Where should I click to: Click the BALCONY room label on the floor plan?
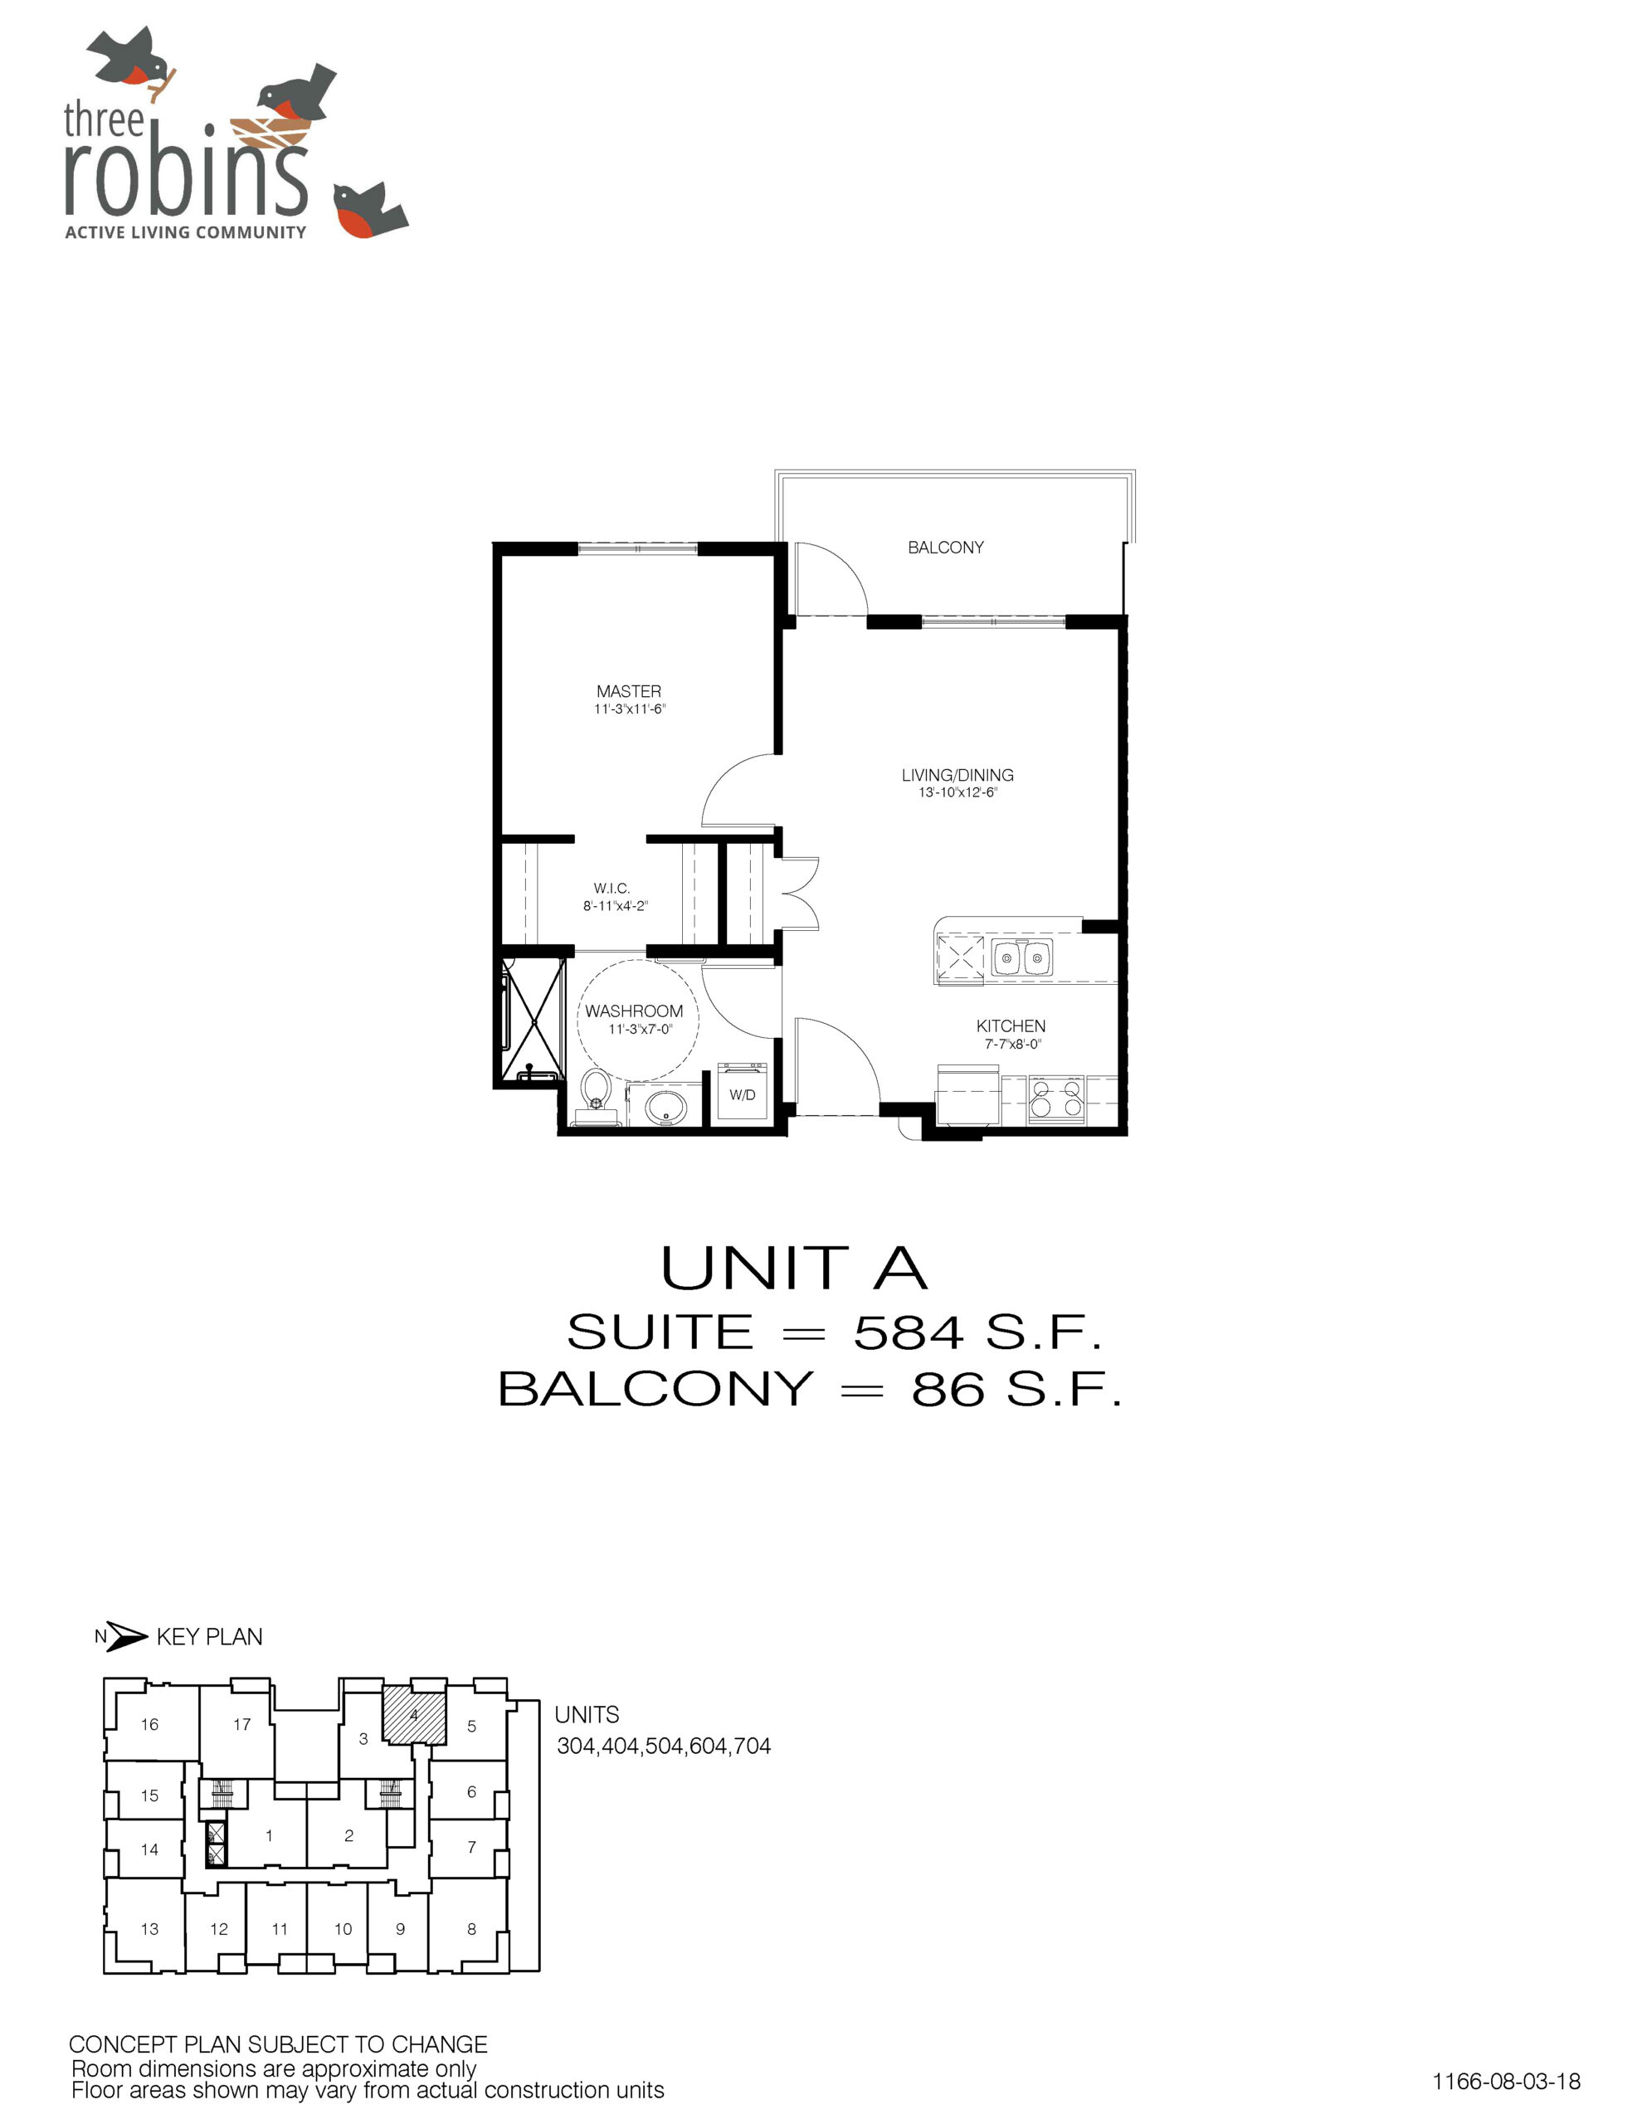pyautogui.click(x=944, y=548)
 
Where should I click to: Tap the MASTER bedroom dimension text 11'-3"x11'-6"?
pyautogui.click(x=629, y=709)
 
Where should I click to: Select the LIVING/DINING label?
pyautogui.click(x=957, y=775)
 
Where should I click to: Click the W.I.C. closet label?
pyautogui.click(x=611, y=888)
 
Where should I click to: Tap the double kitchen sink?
pyautogui.click(x=1022, y=958)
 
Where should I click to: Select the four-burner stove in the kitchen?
pyautogui.click(x=1056, y=1099)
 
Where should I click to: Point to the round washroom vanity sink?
pyautogui.click(x=665, y=1106)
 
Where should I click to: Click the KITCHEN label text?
pyautogui.click(x=1011, y=1026)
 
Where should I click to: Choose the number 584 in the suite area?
pyautogui.click(x=909, y=1332)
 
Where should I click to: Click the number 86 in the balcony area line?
pyautogui.click(x=947, y=1390)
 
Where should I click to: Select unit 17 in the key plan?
pyautogui.click(x=241, y=1724)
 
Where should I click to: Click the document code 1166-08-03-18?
pyautogui.click(x=1506, y=2080)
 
